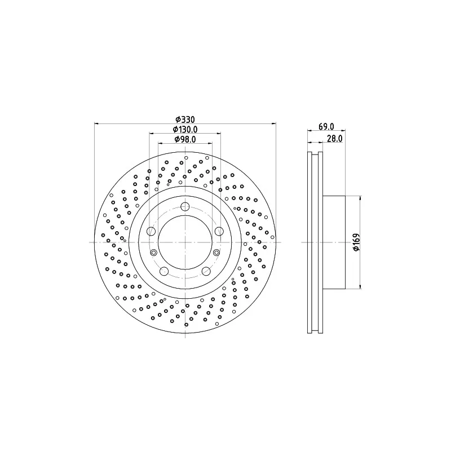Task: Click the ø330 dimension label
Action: [x=185, y=120]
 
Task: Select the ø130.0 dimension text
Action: [x=185, y=130]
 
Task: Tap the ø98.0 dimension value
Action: [x=185, y=139]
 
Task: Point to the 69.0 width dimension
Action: [x=326, y=126]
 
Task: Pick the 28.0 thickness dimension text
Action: [x=335, y=139]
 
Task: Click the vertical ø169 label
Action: [x=356, y=242]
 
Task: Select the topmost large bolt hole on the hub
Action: [x=185, y=206]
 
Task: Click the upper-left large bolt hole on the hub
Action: [x=151, y=231]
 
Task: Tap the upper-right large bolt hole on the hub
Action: [x=219, y=231]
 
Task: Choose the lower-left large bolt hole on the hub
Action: [x=164, y=271]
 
